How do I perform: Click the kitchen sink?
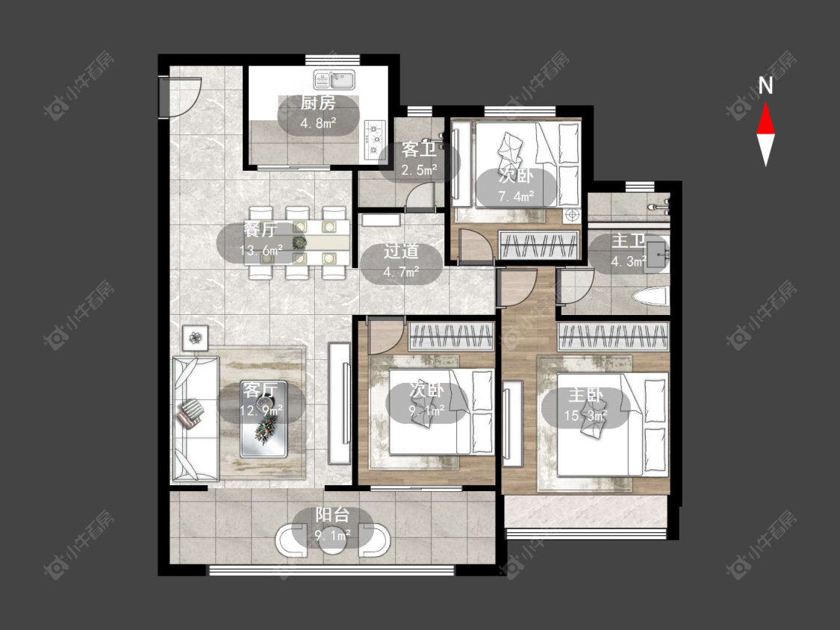(334, 81)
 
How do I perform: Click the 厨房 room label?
(318, 103)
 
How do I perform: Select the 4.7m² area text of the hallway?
(401, 272)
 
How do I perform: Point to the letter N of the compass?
(765, 86)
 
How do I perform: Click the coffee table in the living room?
(263, 419)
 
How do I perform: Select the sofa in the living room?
(195, 419)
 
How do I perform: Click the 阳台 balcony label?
(332, 515)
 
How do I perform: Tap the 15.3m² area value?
(585, 416)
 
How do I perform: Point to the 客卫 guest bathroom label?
(419, 149)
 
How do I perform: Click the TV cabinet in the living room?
(340, 404)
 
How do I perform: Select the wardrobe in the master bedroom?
(614, 336)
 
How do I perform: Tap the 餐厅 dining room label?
(261, 230)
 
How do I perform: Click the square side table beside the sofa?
(195, 337)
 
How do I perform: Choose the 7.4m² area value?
(516, 196)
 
